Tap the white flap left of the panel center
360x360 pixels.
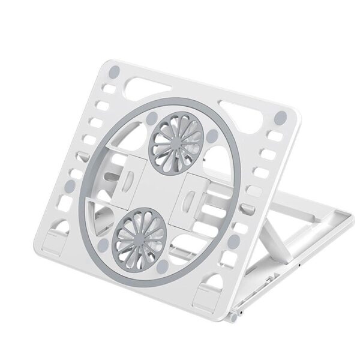coord(129,181)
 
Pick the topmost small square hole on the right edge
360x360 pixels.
coord(277,133)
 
